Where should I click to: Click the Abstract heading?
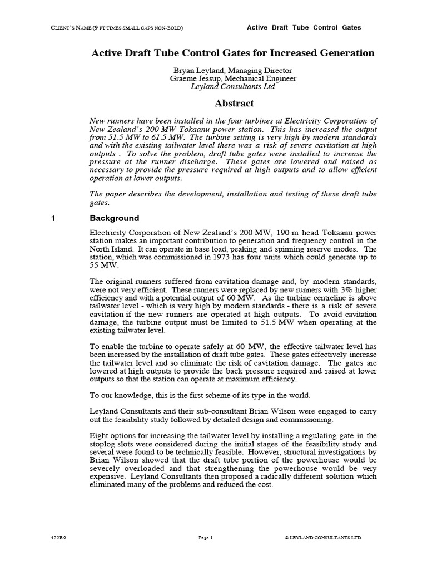[x=234, y=103]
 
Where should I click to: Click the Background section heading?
[x=115, y=218]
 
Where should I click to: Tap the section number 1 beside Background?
[x=53, y=218]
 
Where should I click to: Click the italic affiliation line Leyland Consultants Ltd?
[x=233, y=87]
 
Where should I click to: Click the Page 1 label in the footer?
[x=206, y=538]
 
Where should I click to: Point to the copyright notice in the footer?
[x=322, y=538]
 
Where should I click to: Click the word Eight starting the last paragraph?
[x=99, y=435]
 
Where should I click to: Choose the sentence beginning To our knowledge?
[x=200, y=396]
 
